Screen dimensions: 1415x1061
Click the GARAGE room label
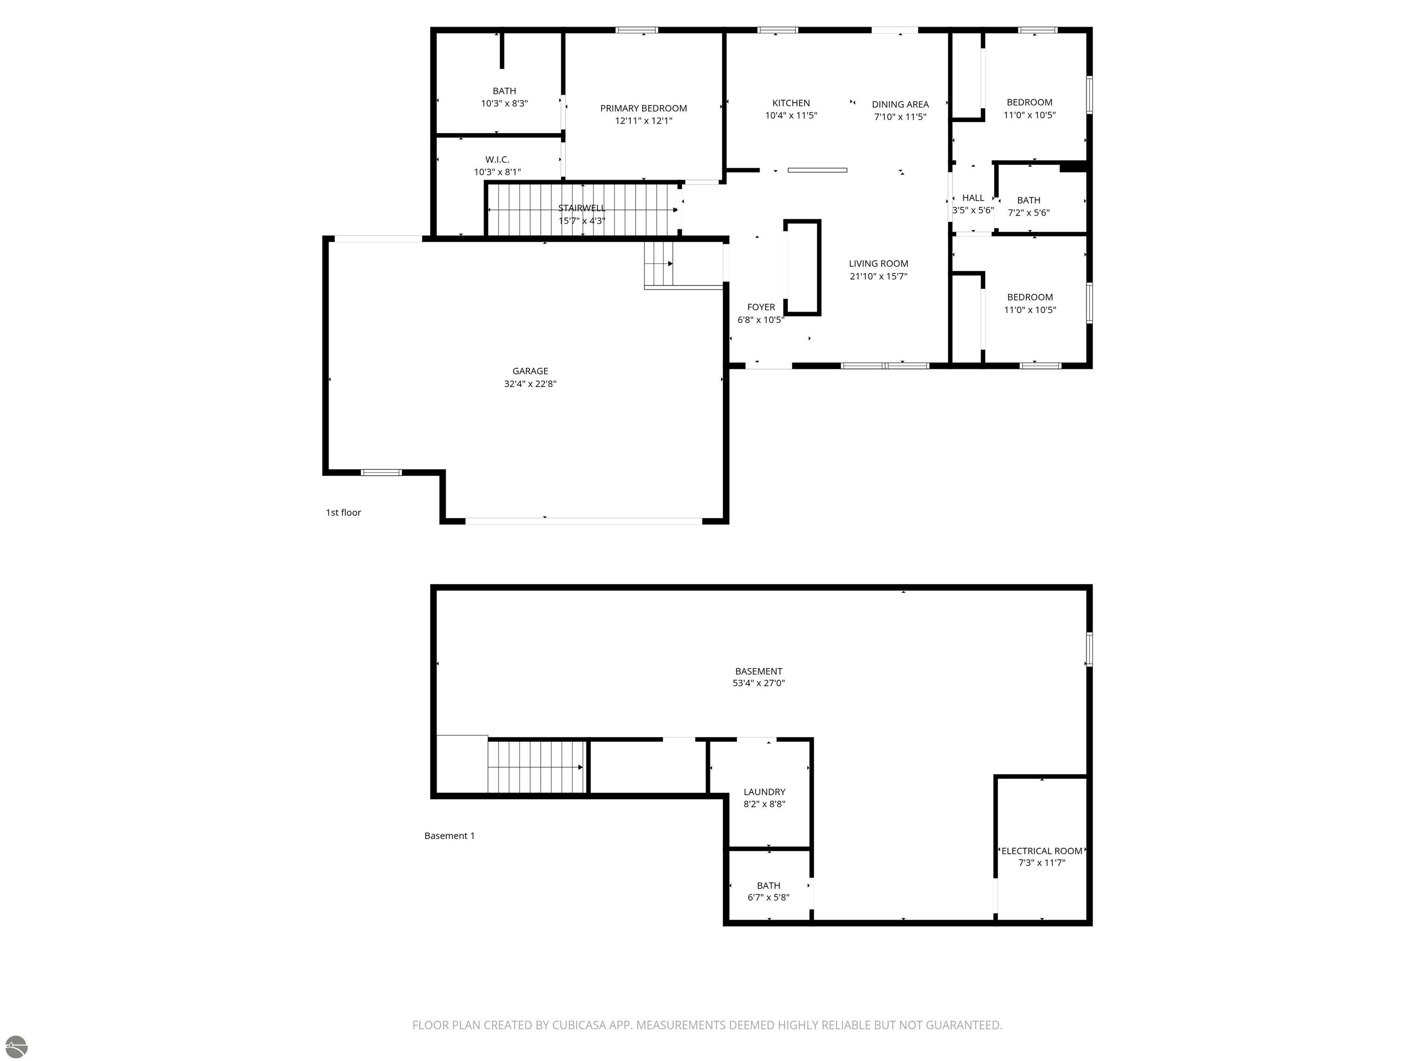point(530,371)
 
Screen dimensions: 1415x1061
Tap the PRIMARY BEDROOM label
point(643,108)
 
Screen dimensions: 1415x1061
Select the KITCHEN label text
point(791,103)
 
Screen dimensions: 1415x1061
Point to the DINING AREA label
point(900,104)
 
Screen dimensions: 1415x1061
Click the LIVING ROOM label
point(878,263)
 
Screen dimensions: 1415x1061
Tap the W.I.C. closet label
point(497,160)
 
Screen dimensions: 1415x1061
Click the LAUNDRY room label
point(765,792)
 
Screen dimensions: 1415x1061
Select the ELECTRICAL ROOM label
point(1042,851)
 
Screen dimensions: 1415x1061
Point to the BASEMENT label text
point(759,671)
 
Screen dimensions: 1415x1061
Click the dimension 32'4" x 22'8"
point(530,384)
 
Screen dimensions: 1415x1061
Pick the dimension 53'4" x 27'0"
point(759,683)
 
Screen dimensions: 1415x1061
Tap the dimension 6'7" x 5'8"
point(768,897)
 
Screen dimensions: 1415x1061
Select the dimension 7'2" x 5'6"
point(1029,213)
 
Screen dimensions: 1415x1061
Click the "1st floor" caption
point(344,512)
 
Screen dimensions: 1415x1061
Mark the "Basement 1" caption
point(450,835)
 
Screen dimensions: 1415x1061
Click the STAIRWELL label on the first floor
point(581,208)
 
